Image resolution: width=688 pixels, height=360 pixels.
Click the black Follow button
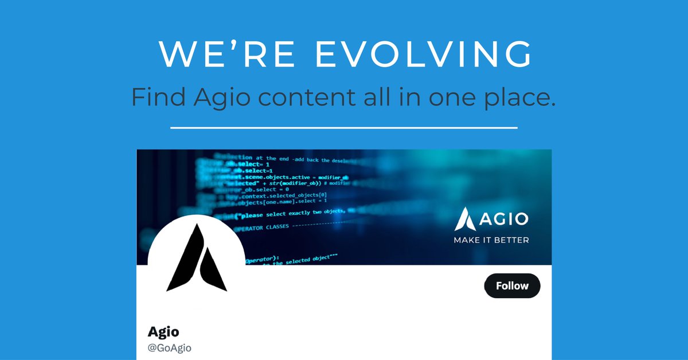[512, 285]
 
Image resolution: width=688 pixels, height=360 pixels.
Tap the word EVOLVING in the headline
[424, 54]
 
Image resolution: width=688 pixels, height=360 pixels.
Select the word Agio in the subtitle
[218, 97]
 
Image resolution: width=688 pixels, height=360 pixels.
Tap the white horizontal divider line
[344, 127]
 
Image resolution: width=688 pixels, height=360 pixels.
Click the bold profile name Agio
[163, 331]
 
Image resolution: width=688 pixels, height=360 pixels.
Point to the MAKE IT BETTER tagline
[491, 240]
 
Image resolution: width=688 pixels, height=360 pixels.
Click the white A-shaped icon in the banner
[465, 219]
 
